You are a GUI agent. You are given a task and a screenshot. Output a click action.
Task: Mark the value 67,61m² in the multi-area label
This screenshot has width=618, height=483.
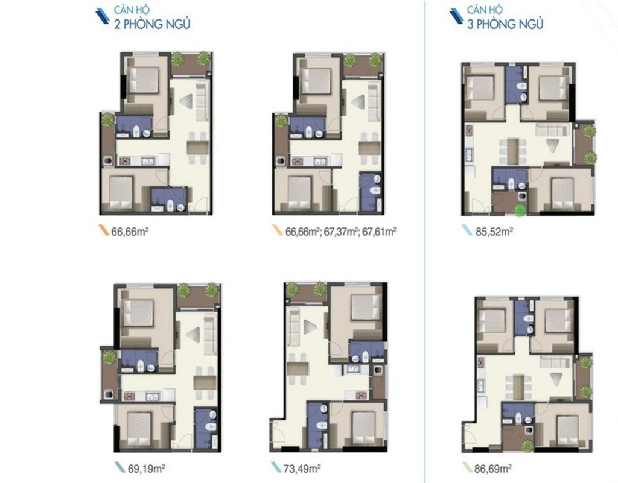tap(378, 230)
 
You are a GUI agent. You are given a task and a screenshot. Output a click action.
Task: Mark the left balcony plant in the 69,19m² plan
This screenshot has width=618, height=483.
tap(109, 358)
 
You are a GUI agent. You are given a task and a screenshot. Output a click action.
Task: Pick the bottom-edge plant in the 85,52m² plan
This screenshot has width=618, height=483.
tap(518, 209)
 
